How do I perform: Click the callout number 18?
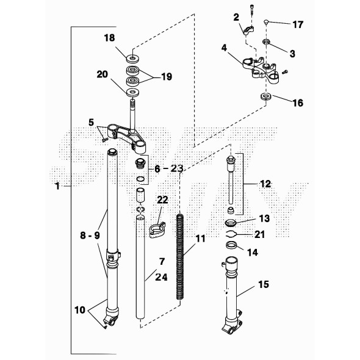(109, 38)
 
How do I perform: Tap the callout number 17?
(298, 25)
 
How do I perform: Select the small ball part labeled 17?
(266, 23)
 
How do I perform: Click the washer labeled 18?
(132, 60)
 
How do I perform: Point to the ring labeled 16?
(265, 98)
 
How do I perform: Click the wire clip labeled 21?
(232, 233)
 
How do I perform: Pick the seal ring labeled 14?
(232, 246)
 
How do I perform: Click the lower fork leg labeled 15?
(232, 293)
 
